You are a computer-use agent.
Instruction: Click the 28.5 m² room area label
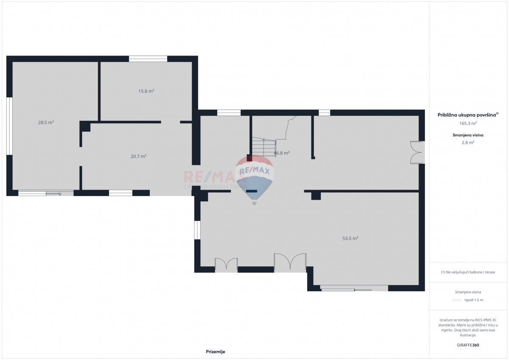click(46, 123)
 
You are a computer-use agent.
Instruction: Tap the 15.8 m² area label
click(146, 91)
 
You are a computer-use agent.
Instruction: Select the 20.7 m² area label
click(138, 156)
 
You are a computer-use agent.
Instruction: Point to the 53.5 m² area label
click(350, 238)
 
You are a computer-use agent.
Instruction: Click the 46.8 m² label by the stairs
click(282, 153)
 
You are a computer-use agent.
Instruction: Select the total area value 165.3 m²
click(468, 123)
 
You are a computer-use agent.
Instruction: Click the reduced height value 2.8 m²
click(468, 142)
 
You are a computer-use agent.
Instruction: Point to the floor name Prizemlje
click(215, 352)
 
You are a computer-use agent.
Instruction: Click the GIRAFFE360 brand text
click(468, 345)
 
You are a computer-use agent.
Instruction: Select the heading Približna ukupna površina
click(467, 114)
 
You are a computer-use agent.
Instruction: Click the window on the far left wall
click(9, 126)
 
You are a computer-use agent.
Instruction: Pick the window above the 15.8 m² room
click(148, 59)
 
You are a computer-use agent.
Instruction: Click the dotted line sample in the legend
click(457, 300)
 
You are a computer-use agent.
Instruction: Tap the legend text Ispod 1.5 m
click(474, 300)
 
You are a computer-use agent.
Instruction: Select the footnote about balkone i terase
click(468, 272)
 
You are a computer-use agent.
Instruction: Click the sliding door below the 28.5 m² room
click(46, 193)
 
